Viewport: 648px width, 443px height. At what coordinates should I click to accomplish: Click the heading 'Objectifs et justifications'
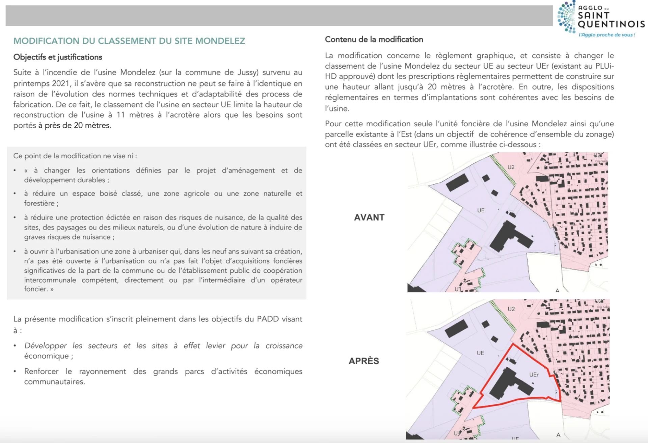(x=58, y=57)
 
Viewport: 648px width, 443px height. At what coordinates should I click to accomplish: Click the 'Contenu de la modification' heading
(x=374, y=40)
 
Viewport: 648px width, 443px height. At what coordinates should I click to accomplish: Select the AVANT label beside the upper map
(x=369, y=217)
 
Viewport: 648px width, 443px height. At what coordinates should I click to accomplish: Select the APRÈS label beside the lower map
(x=364, y=361)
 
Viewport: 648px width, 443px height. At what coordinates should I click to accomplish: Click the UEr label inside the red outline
(x=534, y=375)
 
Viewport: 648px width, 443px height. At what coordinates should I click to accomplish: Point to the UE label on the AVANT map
(x=481, y=210)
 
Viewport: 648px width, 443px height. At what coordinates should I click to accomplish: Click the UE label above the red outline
(x=480, y=353)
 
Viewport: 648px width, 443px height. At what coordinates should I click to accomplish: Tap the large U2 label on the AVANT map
(x=511, y=167)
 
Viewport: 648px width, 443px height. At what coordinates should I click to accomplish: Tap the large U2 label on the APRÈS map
(x=511, y=309)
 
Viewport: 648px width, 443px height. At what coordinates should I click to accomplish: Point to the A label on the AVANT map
(x=557, y=290)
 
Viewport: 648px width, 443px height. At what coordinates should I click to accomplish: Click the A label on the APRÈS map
(x=558, y=435)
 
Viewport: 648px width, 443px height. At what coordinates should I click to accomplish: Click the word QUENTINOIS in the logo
(x=611, y=24)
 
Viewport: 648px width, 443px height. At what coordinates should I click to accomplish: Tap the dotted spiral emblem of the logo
(x=567, y=17)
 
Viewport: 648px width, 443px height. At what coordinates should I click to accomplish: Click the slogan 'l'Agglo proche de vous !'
(x=607, y=35)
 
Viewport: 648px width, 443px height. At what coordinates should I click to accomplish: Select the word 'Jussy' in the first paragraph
(x=248, y=73)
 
